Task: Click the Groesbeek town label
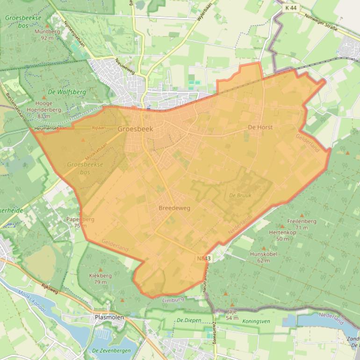135,129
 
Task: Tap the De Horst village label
260,127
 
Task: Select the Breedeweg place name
174,208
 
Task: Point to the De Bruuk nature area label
240,195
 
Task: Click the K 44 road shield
290,8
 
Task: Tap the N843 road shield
204,258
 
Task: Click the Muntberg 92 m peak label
47,35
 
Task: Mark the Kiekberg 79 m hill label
100,279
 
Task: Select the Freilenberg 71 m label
302,224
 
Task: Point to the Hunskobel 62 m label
264,257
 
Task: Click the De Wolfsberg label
67,92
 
